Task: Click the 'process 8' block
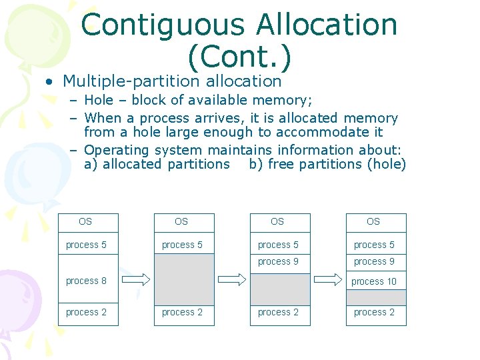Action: pos(87,281)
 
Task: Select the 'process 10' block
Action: pos(375,281)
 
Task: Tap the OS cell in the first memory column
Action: pos(87,222)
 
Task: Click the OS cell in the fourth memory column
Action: pos(375,222)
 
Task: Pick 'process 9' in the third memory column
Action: pos(279,262)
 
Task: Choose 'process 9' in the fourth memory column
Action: pos(375,262)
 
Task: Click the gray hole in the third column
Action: pos(280,288)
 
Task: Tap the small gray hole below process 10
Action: pos(375,297)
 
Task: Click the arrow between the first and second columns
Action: pos(136,279)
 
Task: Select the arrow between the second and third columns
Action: pos(232,279)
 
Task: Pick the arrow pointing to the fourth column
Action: pos(328,279)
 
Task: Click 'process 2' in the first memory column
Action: pos(87,313)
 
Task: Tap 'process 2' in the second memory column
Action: pos(183,313)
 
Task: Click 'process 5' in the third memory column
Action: pos(279,245)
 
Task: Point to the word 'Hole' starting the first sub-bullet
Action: pos(99,101)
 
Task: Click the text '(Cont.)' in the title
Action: pos(239,58)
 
